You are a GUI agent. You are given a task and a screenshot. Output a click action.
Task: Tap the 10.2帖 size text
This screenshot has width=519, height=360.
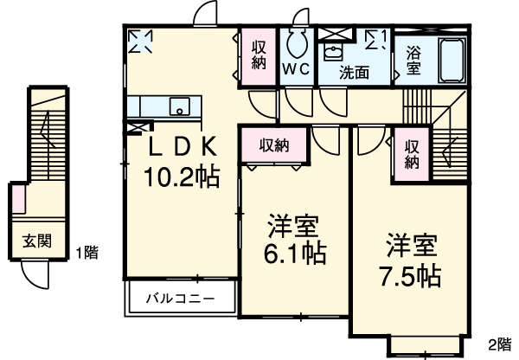180,177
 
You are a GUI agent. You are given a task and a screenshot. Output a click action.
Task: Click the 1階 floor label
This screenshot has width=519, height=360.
86,253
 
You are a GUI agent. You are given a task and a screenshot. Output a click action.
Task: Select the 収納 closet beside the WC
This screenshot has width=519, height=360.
259,55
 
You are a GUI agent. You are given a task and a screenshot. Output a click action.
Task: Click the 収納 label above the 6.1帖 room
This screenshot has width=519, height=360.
274,145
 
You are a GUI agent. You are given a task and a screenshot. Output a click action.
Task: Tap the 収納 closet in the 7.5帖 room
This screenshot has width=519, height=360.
413,153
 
